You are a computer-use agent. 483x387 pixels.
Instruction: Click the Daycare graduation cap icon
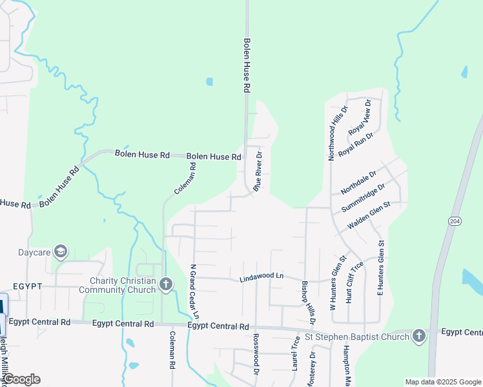[x=61, y=252]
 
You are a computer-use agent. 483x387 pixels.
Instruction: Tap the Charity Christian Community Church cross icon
[x=165, y=284]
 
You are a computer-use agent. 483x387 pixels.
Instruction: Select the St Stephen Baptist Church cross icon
[x=418, y=336]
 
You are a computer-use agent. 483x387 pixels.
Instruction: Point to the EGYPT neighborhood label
[x=26, y=286]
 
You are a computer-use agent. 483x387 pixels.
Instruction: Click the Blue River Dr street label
[x=258, y=172]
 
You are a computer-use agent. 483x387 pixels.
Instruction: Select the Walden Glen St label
[x=369, y=215]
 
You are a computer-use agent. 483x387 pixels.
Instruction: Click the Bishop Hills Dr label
[x=308, y=301]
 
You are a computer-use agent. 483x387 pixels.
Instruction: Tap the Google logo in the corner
[x=21, y=379]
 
